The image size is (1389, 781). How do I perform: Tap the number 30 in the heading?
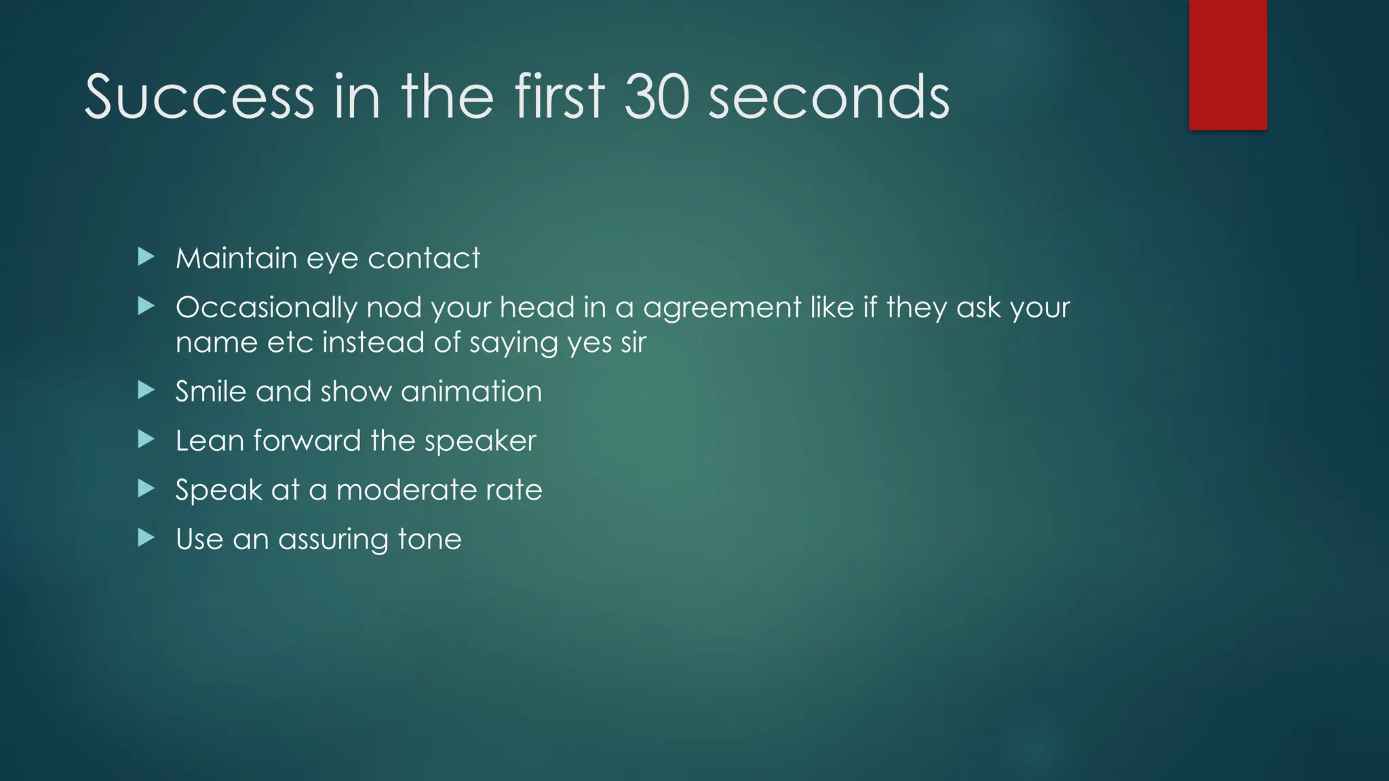657,97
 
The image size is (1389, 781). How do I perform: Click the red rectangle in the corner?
1228,65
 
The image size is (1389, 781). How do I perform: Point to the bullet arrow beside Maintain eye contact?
146,256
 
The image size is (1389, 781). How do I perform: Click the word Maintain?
236,258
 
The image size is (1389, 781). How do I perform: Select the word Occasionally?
266,308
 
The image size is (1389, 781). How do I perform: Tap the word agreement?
722,308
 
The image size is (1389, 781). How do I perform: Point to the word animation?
471,392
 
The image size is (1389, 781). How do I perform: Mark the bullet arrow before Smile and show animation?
146,390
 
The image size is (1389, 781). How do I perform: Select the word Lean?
210,441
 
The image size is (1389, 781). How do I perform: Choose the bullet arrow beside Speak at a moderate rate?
146,488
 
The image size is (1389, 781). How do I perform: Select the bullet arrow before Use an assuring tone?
146,538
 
